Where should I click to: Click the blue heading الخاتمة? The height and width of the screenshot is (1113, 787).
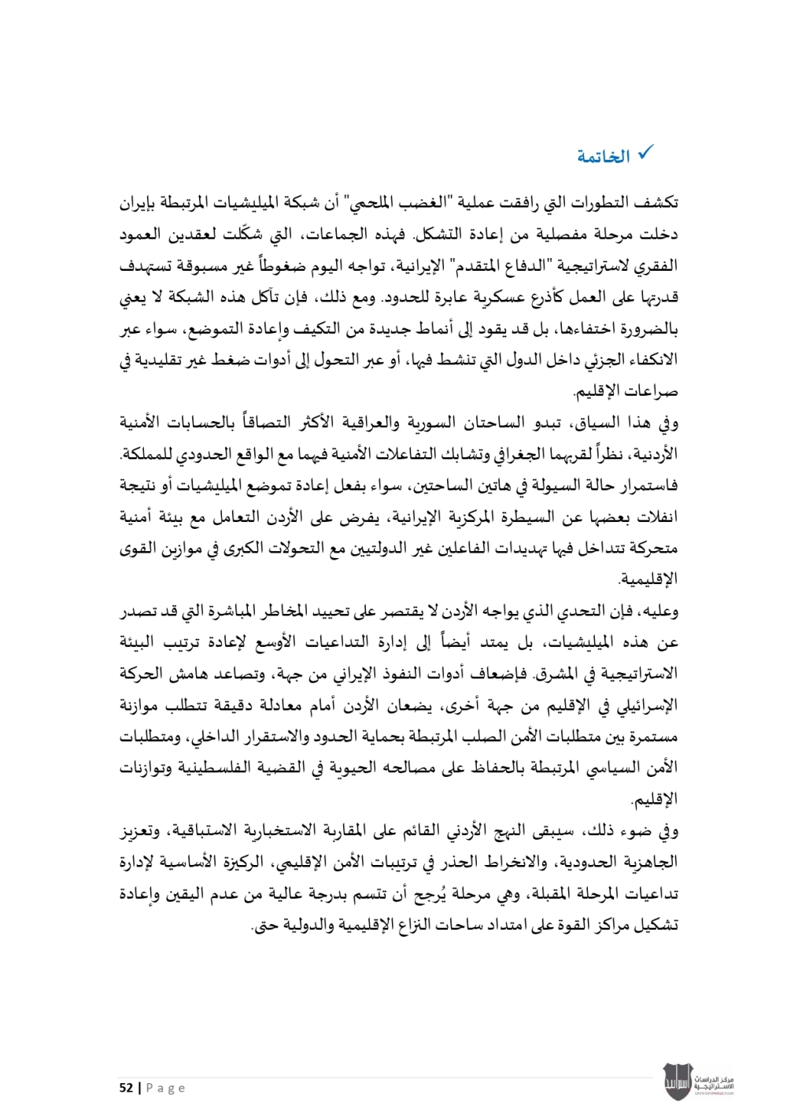tap(604, 157)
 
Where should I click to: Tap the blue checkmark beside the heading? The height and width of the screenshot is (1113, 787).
tap(645, 153)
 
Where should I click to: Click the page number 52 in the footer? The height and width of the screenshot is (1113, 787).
tap(126, 1088)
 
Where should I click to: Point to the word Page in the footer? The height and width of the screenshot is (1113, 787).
tap(165, 1088)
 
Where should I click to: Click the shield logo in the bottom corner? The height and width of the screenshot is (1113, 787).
tap(676, 1082)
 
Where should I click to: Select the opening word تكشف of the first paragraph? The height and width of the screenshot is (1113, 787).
tap(656, 203)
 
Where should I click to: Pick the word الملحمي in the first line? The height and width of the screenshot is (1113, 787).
tap(373, 203)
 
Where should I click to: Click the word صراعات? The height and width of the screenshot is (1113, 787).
tap(652, 391)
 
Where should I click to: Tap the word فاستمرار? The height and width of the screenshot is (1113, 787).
tap(646, 486)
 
